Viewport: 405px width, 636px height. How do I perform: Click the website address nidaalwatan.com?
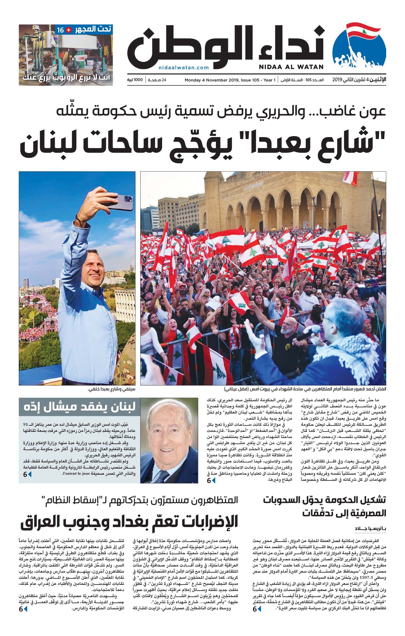coord(184,68)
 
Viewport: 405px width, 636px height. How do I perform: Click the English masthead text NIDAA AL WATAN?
coord(291,67)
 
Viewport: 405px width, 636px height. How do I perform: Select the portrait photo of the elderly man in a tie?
coord(169,441)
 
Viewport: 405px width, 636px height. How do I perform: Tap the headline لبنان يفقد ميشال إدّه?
coord(80,407)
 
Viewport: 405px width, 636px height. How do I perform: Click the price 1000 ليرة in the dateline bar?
coord(135,80)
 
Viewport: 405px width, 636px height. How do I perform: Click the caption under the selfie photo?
coord(111,389)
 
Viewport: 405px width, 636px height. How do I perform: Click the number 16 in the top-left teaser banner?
coord(60,30)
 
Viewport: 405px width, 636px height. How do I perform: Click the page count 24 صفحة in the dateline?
coord(157,80)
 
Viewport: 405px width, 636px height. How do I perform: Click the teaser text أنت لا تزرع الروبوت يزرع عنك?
coord(66,77)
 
